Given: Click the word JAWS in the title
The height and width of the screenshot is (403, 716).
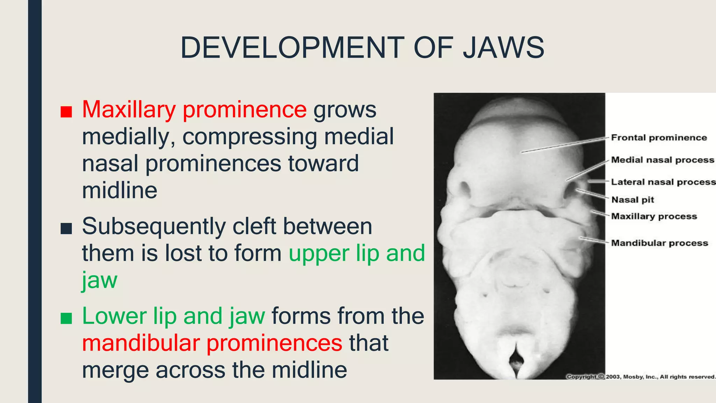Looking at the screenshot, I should coord(503,48).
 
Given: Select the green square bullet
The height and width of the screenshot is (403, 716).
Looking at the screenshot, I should coord(66,318).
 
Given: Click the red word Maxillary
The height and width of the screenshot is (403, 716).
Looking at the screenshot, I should coord(129,110).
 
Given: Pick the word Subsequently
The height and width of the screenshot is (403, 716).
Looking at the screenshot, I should coord(154,227).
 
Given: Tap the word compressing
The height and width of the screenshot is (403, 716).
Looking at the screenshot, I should coord(250,136).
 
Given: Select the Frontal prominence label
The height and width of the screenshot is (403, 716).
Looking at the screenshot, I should coord(659,138).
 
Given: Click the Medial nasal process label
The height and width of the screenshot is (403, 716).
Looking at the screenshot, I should coord(662,160).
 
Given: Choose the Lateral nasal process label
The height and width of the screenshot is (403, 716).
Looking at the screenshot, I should coord(663,182).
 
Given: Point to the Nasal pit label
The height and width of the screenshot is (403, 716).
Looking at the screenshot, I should coord(632,200).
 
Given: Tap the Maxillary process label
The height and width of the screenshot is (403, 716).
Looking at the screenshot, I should coord(654,216).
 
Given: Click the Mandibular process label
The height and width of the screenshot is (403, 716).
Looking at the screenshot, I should coord(659,243).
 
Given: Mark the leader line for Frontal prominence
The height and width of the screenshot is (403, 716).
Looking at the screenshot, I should coord(563,145).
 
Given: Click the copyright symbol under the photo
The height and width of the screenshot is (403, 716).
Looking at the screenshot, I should coord(601,377).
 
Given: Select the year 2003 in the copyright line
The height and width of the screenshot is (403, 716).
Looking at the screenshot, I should coord(613,377).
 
